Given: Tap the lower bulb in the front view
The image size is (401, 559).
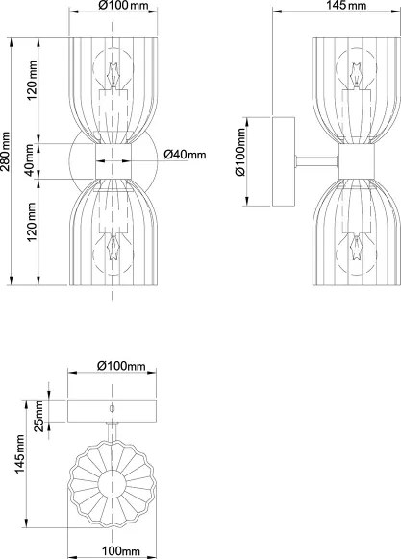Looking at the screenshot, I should [x=113, y=251].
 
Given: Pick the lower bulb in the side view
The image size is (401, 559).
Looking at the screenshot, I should [x=356, y=251].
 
